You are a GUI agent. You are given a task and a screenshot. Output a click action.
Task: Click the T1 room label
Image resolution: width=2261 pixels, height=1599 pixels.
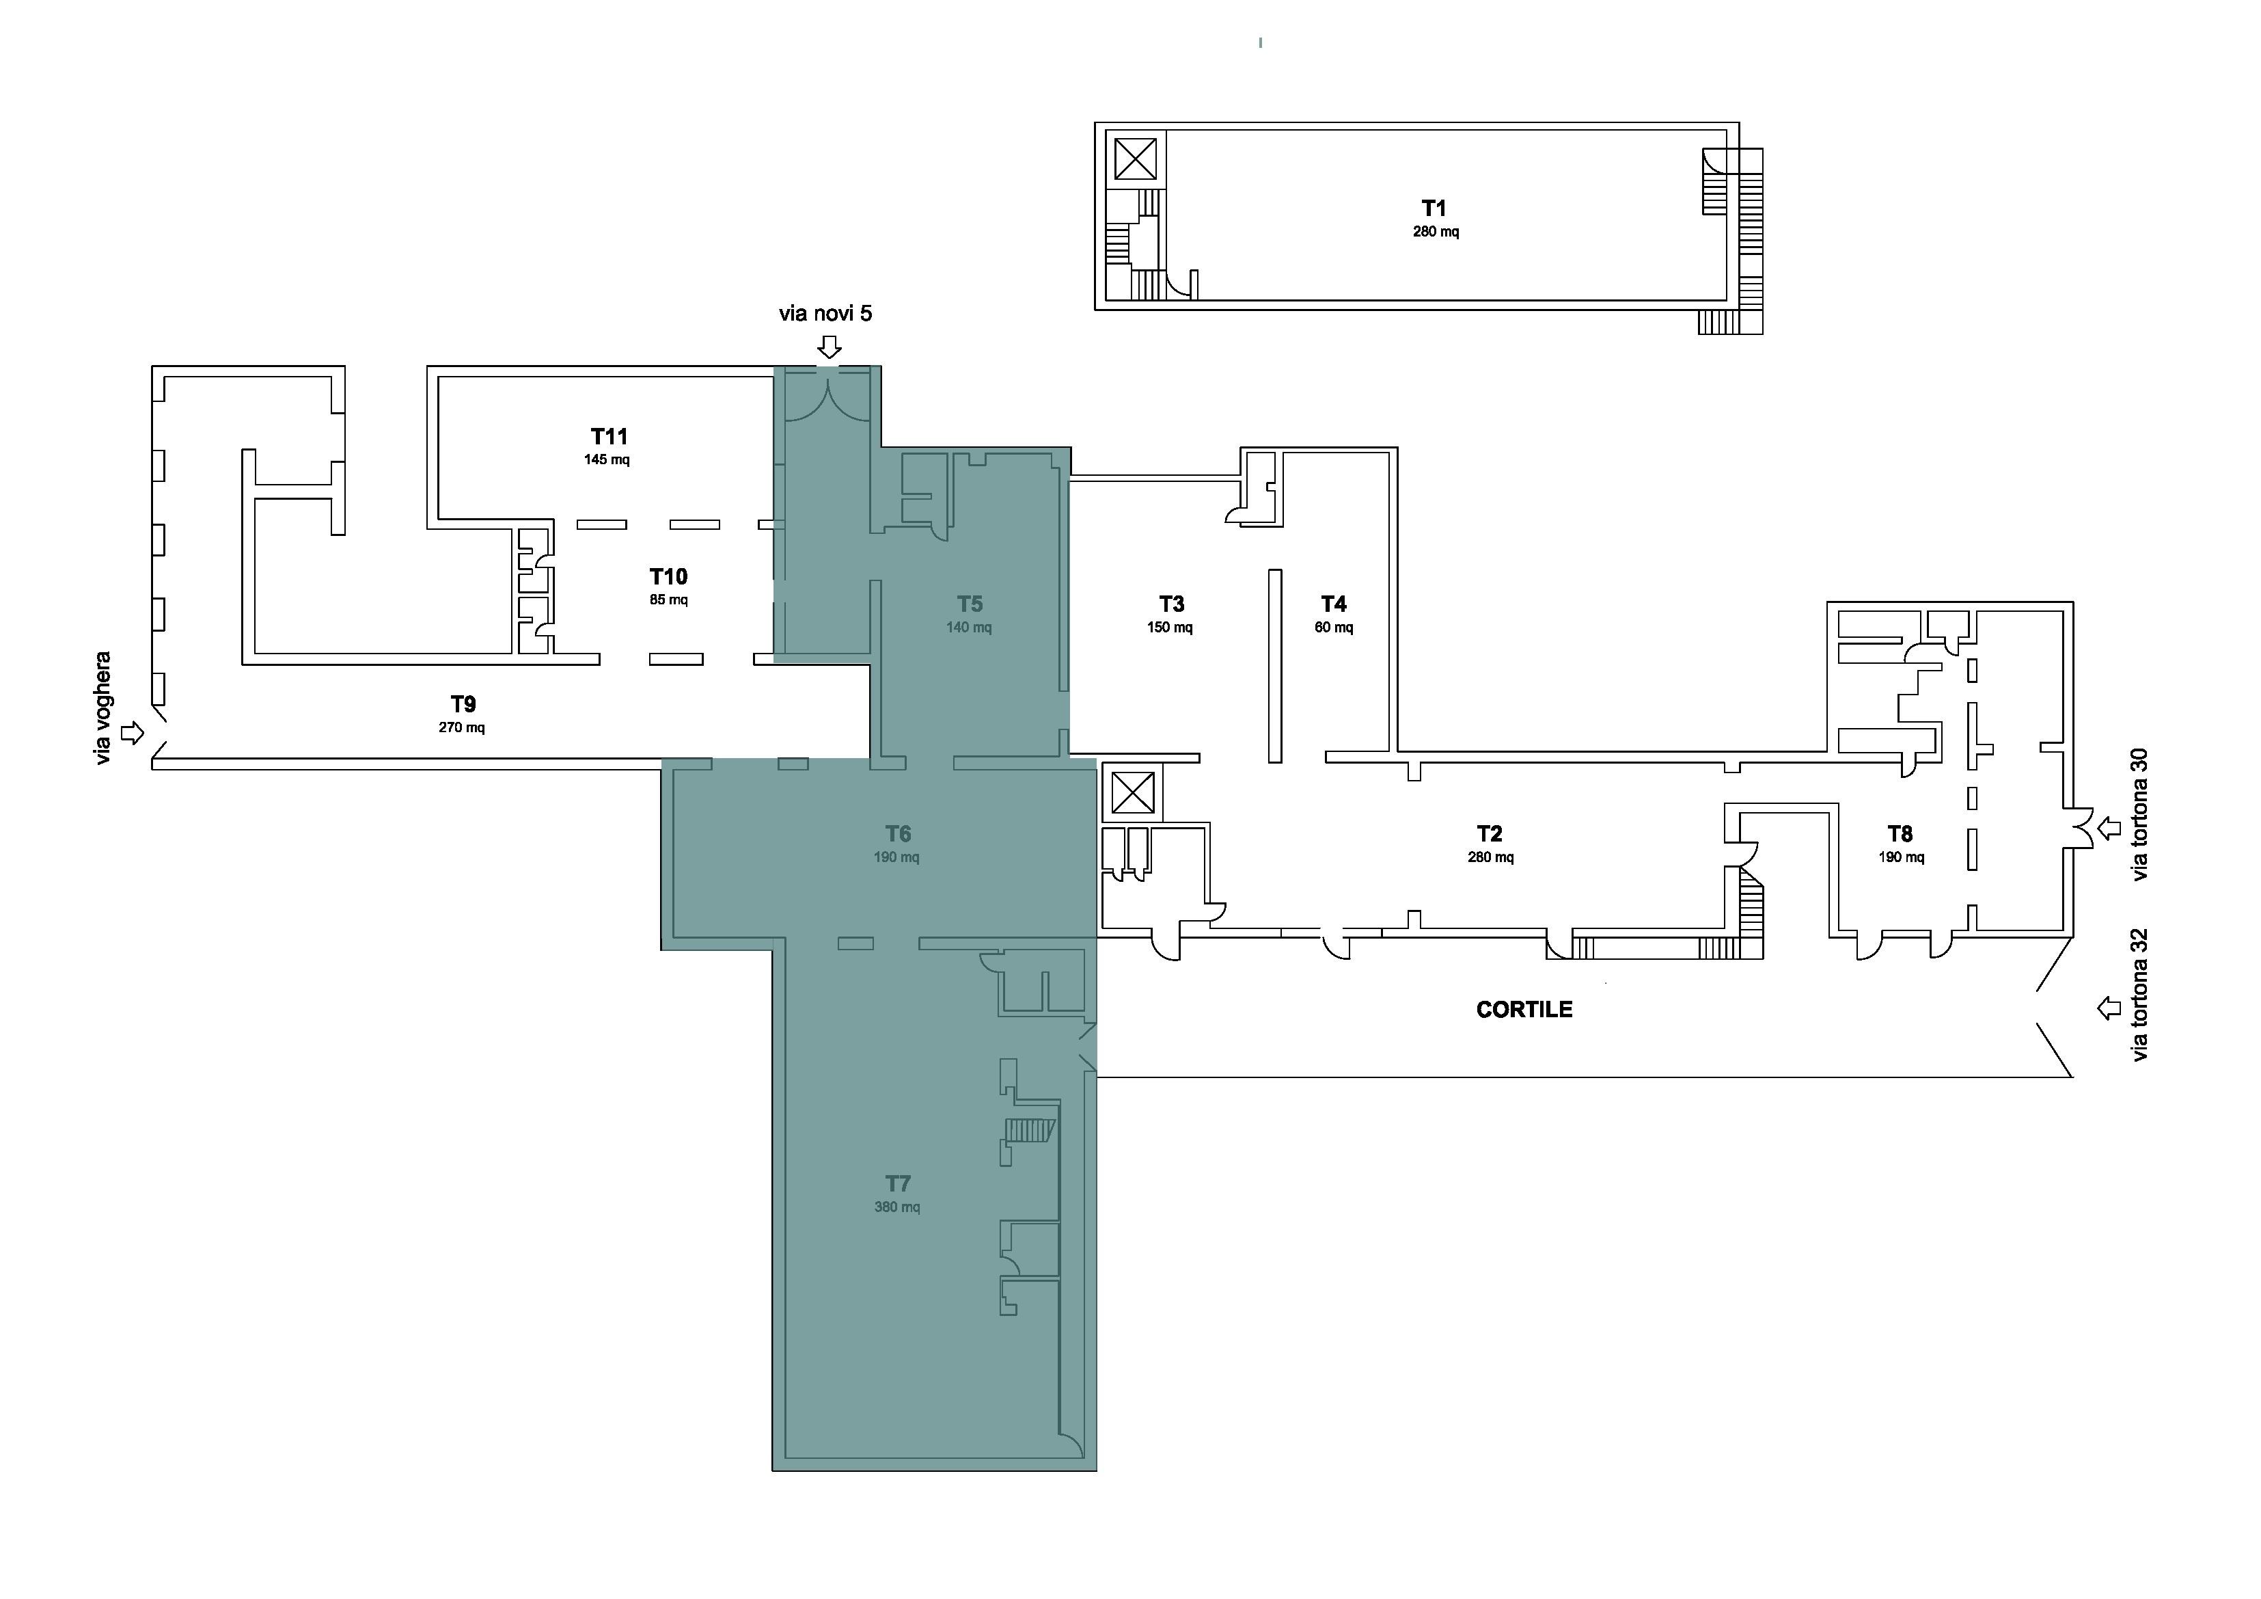point(1434,208)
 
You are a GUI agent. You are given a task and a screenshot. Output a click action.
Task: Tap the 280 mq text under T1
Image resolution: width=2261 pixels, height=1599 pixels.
point(1436,232)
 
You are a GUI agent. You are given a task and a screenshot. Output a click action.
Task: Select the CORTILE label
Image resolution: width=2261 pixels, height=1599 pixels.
point(1524,1010)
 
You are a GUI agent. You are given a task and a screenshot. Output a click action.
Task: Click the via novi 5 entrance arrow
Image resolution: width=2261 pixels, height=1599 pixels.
point(830,347)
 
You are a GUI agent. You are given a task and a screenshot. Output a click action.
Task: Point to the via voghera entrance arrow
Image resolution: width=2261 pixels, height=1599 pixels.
point(132,733)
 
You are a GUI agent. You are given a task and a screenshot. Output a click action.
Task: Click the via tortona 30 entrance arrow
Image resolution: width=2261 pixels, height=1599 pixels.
point(2109,829)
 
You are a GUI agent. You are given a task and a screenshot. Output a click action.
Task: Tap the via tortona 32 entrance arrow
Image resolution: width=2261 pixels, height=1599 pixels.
point(2109,1008)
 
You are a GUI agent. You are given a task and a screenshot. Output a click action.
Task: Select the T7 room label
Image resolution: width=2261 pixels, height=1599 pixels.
point(897,1183)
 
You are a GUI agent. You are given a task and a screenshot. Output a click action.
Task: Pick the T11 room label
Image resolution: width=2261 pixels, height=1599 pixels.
point(609,436)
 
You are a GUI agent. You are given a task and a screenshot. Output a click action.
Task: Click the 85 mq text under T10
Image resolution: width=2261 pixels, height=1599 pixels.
point(669,600)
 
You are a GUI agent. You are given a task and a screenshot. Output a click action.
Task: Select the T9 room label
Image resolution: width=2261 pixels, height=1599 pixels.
point(463,704)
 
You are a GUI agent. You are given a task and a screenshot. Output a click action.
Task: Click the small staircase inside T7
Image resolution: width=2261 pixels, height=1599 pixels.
point(1030,1130)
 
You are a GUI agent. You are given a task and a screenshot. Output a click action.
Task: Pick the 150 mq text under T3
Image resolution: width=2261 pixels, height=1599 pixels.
point(1170,628)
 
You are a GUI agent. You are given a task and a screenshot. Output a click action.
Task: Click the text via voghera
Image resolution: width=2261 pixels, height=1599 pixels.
point(103,708)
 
